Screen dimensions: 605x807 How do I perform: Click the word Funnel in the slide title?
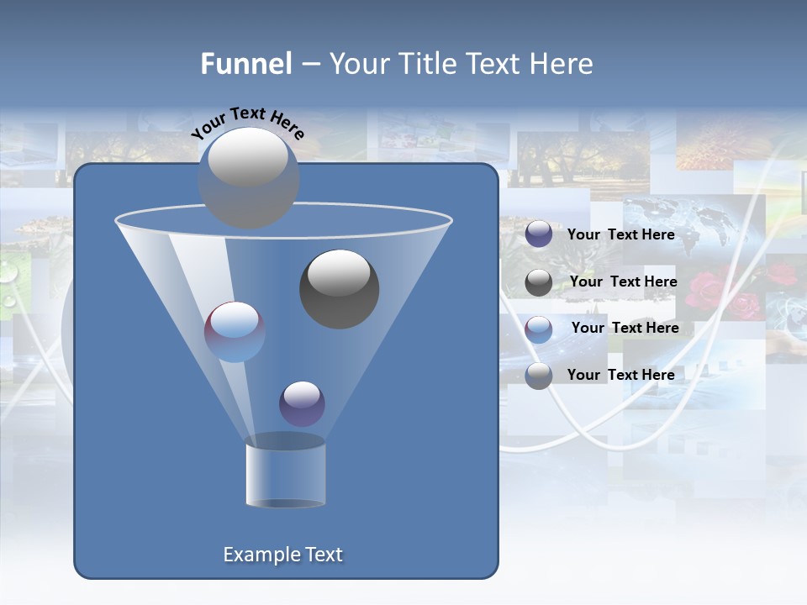[246, 64]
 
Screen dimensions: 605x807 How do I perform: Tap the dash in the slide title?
[309, 65]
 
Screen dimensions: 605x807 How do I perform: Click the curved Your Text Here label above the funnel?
[247, 122]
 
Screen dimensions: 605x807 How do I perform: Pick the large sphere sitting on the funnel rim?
[248, 176]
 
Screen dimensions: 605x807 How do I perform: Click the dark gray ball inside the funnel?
[339, 288]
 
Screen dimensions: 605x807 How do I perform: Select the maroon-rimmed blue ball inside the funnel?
[235, 331]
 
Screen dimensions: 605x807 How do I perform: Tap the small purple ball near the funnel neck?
[302, 403]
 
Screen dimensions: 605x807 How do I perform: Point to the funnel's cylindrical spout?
[285, 472]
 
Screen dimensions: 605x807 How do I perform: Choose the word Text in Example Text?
[323, 555]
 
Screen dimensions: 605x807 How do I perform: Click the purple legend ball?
[539, 234]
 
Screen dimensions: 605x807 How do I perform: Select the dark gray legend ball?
[539, 282]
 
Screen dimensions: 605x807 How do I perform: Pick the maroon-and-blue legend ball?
[539, 329]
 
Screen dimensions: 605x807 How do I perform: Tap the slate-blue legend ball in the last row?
[539, 376]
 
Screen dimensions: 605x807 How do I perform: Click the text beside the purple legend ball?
[620, 234]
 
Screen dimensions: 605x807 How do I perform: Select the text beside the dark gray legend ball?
[623, 281]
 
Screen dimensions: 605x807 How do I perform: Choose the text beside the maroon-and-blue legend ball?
[625, 328]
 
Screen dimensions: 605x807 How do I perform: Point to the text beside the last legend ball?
[620, 375]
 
